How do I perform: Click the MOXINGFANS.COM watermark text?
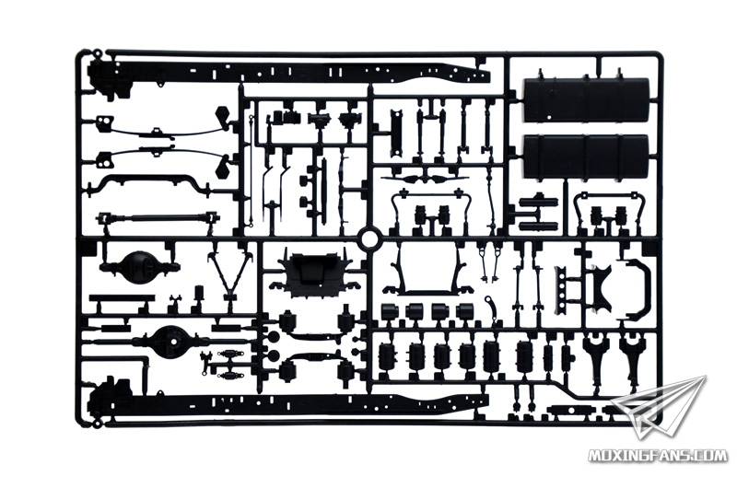point(658,455)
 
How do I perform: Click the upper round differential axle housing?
point(139,267)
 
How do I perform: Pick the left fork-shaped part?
point(595,354)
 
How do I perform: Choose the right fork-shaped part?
point(630,354)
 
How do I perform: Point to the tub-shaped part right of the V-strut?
point(314,274)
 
